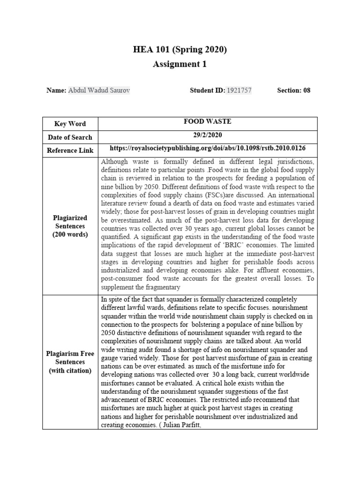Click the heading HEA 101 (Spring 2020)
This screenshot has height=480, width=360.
(x=180, y=50)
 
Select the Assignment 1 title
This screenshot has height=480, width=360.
(x=180, y=64)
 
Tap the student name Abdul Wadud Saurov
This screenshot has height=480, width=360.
(x=99, y=90)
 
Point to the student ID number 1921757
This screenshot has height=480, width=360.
(x=239, y=90)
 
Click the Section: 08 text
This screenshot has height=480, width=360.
(x=293, y=90)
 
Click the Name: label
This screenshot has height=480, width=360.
(x=56, y=90)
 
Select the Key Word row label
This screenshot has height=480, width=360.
(x=70, y=124)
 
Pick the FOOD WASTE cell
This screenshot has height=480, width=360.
(x=208, y=121)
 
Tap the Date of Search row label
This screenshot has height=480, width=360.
(x=70, y=137)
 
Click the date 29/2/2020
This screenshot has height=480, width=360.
(x=208, y=135)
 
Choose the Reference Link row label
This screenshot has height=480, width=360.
(x=70, y=150)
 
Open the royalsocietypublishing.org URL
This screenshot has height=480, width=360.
(x=208, y=148)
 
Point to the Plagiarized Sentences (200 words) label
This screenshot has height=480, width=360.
(x=70, y=226)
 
